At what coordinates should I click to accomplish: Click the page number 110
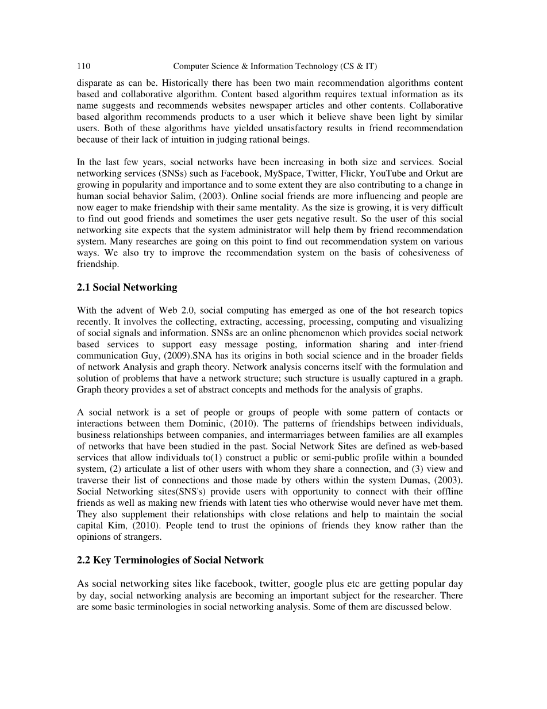point(83,66)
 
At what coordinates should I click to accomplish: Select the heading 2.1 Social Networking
point(127,287)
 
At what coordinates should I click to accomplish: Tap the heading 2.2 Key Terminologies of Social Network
point(170,560)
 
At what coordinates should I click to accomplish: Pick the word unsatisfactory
point(287,127)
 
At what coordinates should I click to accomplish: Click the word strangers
point(144,537)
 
